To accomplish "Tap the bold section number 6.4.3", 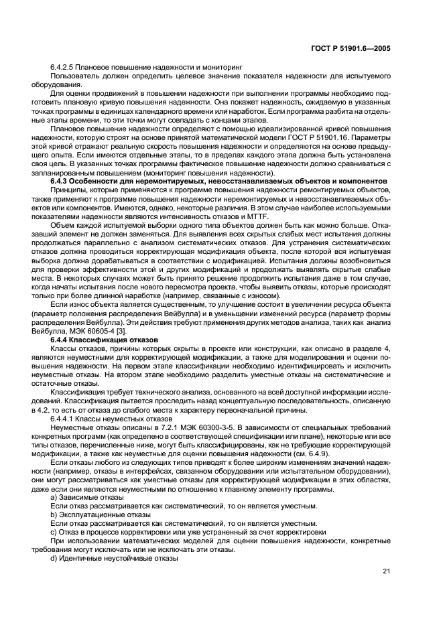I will tap(63, 181).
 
